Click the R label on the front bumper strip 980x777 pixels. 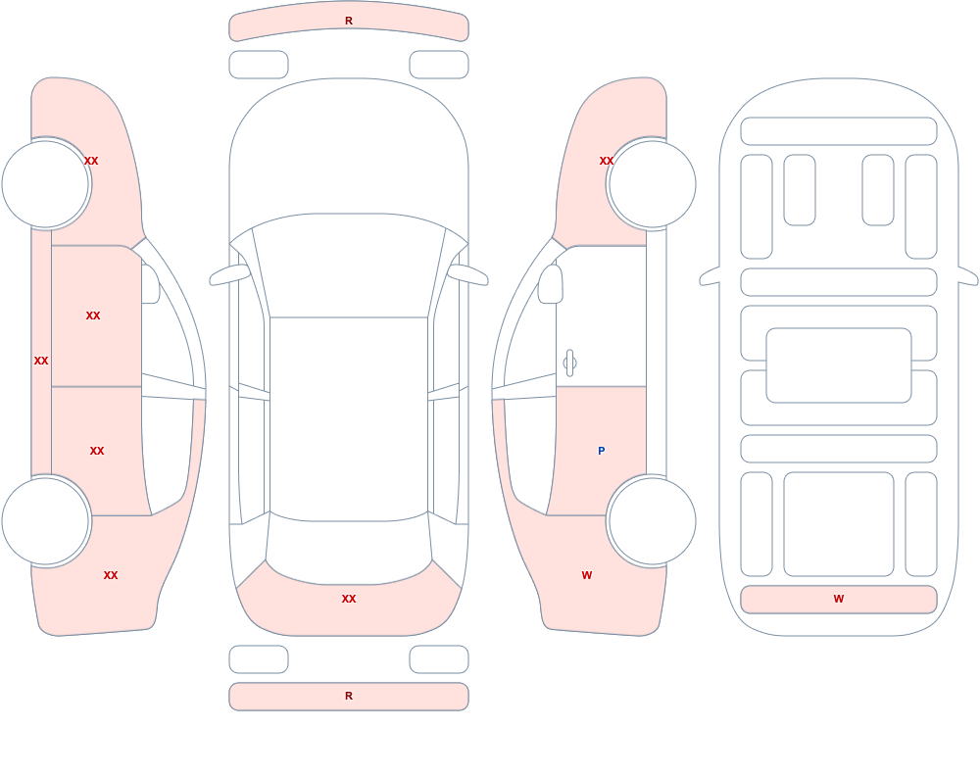tap(349, 21)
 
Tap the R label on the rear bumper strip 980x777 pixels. tap(349, 696)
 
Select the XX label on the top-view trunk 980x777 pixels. tap(349, 599)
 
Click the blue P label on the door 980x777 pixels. tap(602, 451)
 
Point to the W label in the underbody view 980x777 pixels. tap(839, 599)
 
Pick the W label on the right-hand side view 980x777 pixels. tap(587, 575)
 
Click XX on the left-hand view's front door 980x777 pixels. tap(93, 316)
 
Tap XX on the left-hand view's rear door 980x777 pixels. tap(97, 451)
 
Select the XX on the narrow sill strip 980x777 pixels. tap(41, 361)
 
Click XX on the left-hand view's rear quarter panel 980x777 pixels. tap(111, 575)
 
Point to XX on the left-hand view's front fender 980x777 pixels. tap(91, 161)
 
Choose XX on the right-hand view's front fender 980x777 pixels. tap(607, 161)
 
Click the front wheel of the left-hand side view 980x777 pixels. tap(46, 184)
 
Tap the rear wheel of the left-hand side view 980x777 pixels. tap(46, 521)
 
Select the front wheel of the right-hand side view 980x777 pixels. tap(652, 184)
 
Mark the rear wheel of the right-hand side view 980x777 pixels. tap(652, 521)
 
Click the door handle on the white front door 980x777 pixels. tap(569, 364)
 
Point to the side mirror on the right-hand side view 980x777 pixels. tap(550, 284)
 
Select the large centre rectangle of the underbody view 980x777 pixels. tap(839, 365)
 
